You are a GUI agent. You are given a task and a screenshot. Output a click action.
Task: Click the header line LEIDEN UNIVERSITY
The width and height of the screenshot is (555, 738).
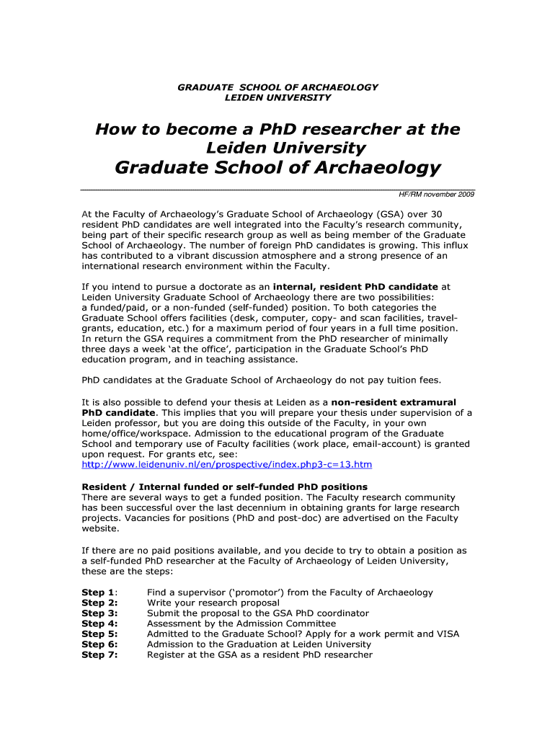pyautogui.click(x=277, y=97)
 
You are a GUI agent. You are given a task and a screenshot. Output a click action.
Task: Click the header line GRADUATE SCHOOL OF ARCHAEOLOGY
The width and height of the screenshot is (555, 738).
pyautogui.click(x=277, y=87)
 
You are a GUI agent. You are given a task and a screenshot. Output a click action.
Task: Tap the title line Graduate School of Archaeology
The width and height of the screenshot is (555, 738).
pyautogui.click(x=277, y=169)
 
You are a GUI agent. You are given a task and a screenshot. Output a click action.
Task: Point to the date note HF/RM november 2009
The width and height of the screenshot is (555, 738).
pyautogui.click(x=437, y=195)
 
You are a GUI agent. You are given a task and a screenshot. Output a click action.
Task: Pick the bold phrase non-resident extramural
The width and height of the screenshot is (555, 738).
pyautogui.click(x=394, y=401)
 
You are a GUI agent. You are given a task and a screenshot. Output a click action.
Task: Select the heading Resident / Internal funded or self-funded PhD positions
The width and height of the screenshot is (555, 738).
pyautogui.click(x=225, y=486)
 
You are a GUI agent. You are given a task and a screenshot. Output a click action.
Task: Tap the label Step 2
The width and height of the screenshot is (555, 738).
pyautogui.click(x=99, y=603)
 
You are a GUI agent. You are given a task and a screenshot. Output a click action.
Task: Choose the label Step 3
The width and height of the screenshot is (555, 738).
pyautogui.click(x=99, y=613)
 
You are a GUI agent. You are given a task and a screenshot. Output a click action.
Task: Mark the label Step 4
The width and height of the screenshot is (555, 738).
pyautogui.click(x=99, y=623)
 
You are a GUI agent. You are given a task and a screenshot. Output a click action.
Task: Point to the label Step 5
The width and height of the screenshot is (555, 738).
pyautogui.click(x=99, y=634)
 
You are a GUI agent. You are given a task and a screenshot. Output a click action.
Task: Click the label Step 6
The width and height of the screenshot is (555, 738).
pyautogui.click(x=99, y=644)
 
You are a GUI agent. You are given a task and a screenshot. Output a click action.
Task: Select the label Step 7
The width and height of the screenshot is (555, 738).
pyautogui.click(x=99, y=655)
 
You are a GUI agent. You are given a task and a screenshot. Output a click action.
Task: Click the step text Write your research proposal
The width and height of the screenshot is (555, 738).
pyautogui.click(x=213, y=603)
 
